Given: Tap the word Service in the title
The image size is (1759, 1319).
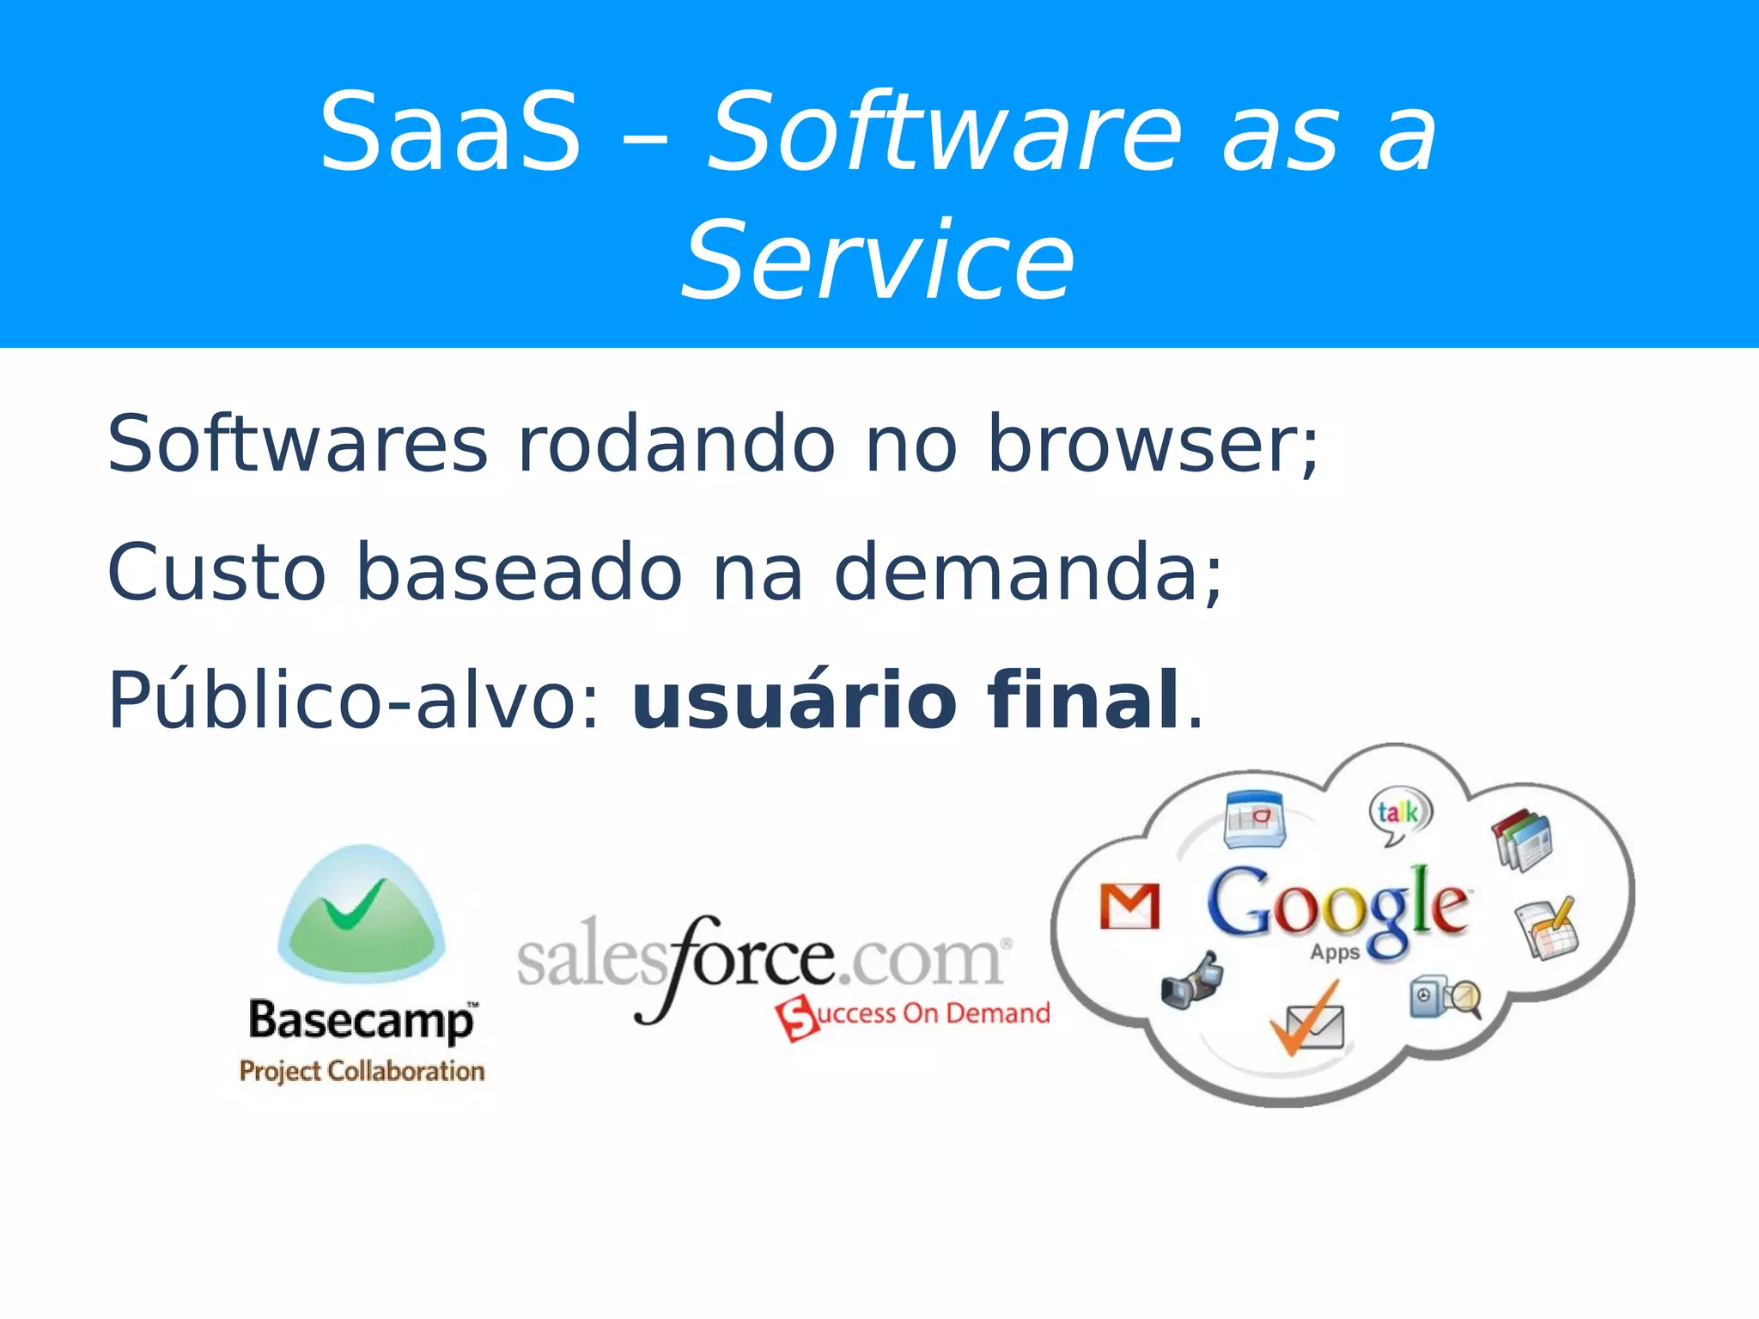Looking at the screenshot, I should pos(878,260).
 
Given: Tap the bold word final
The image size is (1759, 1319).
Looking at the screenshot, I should pos(1084,700).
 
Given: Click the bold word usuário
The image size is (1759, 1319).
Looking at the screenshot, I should pos(794,700).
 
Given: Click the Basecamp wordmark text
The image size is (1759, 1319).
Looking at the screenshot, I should pos(361,1021).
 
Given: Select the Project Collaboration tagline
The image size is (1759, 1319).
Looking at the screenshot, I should pos(362,1071).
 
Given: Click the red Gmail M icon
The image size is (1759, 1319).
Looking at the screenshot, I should pos(1129,906).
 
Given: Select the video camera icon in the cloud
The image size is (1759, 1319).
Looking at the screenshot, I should pos(1191,981).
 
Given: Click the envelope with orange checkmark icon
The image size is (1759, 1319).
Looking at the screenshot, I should pos(1307,1022).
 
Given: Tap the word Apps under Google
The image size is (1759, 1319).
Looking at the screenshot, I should pos(1335,952).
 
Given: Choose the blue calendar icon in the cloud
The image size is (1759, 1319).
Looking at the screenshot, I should pos(1255,818).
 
